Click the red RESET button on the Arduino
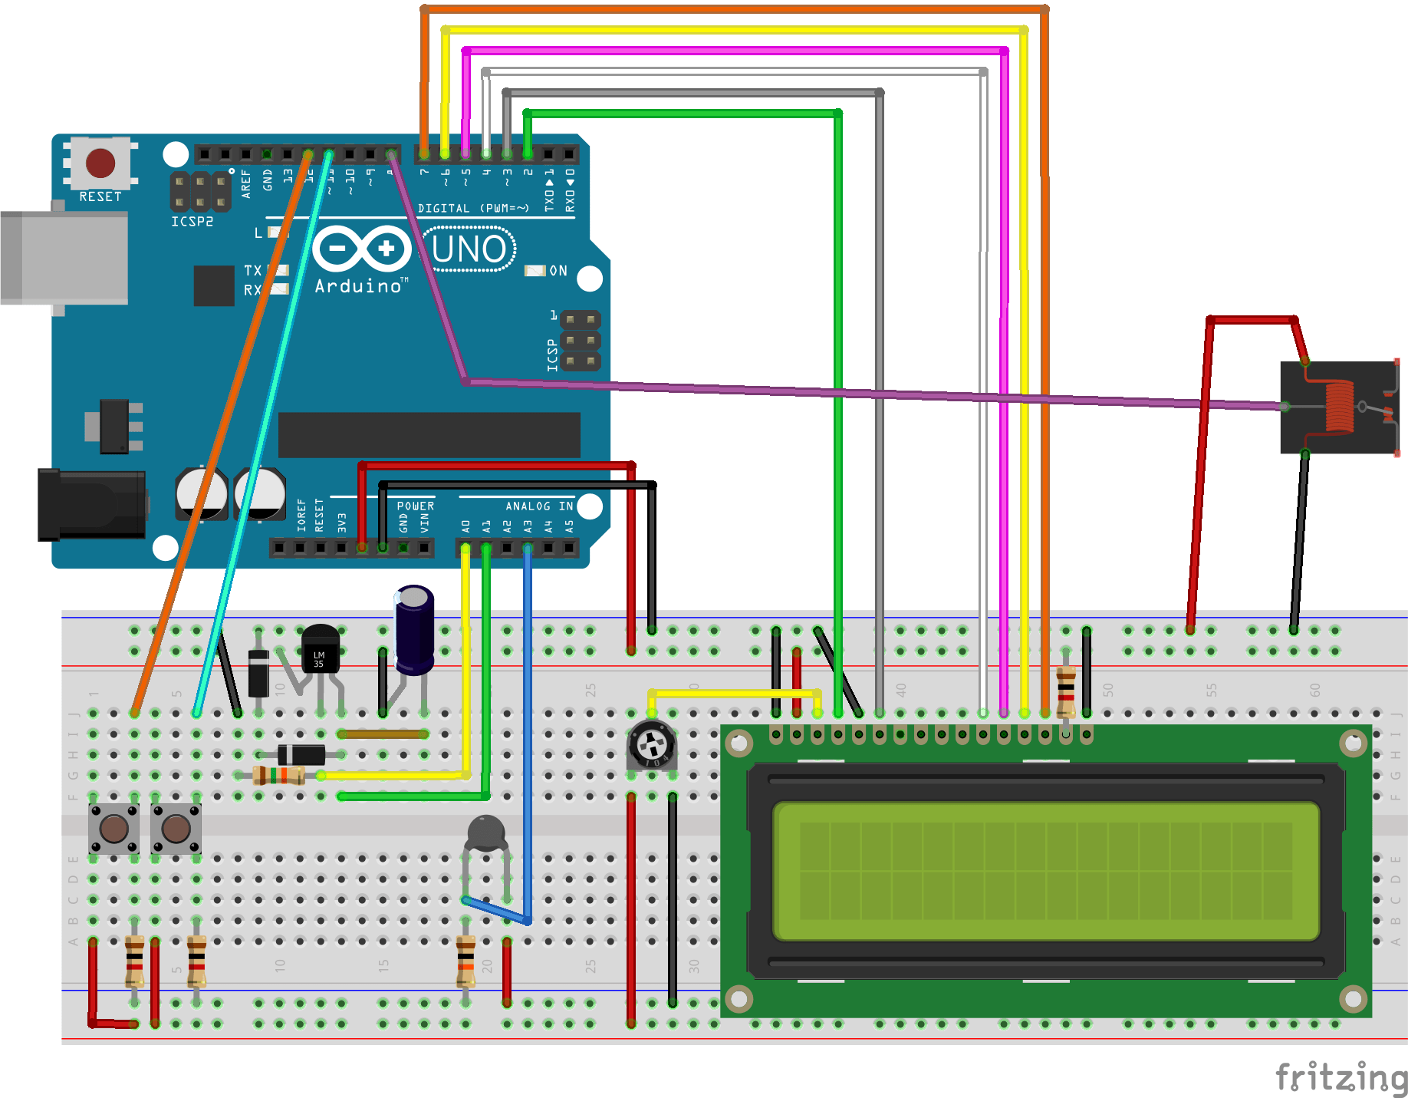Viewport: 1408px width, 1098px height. point(100,163)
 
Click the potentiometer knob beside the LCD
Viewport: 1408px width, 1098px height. point(652,743)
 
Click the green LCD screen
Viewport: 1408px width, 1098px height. point(1046,871)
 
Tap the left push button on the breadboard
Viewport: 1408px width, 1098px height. point(113,829)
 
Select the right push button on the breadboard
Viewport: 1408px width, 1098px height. point(176,829)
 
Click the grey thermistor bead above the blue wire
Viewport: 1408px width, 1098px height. point(486,833)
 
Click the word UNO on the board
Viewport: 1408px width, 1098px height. point(469,249)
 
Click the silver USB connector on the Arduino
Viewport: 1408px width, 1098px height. point(64,259)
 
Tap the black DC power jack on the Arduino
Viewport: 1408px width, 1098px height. point(92,505)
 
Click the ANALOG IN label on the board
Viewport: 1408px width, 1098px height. point(538,506)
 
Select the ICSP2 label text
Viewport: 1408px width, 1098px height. point(192,222)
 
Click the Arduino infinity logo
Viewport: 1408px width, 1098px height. point(362,248)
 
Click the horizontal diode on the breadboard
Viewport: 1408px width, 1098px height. point(301,754)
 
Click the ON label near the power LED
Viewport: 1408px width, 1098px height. point(558,271)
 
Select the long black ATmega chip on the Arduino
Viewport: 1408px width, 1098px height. point(429,434)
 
